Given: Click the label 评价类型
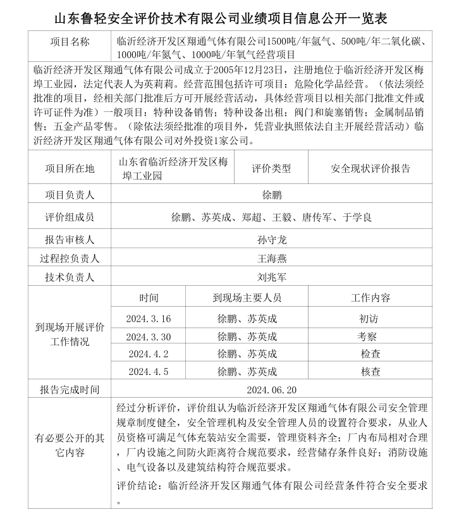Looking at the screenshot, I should (271, 168).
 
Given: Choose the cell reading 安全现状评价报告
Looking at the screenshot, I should (370, 168).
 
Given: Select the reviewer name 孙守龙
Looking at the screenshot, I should (272, 240).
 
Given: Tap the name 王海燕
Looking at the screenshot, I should (272, 258).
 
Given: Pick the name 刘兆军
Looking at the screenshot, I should (272, 277).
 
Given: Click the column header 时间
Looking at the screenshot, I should (149, 297).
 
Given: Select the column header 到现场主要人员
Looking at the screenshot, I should (247, 297).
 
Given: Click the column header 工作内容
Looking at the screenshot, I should (370, 297).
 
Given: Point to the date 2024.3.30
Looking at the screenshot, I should (149, 336).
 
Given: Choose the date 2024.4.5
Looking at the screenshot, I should (149, 372).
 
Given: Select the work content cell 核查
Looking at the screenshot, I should (370, 372).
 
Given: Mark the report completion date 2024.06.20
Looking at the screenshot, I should (272, 389).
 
